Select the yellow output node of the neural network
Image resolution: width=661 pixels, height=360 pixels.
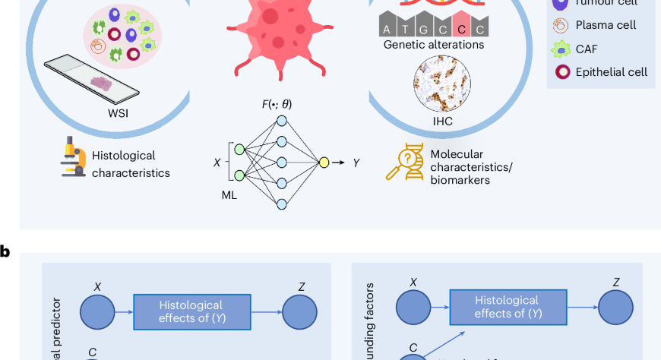324,162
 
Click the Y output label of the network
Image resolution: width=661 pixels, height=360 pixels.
356,163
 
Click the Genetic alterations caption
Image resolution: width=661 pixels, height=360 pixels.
434,45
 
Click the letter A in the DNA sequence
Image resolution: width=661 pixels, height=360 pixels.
388,30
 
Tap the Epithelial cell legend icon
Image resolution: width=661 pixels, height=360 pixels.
562,72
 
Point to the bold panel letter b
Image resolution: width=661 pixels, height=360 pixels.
5,251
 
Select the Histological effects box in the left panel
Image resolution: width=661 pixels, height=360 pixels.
192,311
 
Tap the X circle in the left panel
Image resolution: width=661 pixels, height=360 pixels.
96,312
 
